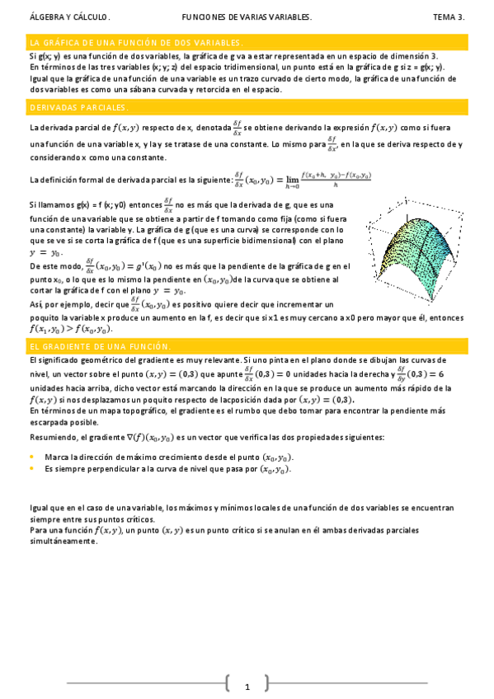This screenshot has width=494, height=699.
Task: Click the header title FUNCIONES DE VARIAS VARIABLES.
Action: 247,16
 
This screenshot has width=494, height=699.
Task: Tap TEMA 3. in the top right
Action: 449,16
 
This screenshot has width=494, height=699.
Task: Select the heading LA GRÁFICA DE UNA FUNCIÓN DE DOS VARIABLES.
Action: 135,42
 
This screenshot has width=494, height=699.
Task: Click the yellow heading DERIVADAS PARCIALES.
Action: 78,108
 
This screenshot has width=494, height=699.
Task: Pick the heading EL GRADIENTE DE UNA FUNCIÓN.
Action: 100,347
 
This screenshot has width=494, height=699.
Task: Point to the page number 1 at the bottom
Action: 247,687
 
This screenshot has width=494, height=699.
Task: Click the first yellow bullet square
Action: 31,457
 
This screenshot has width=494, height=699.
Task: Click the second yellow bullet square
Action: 31,468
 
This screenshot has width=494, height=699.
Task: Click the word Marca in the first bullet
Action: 55,457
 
